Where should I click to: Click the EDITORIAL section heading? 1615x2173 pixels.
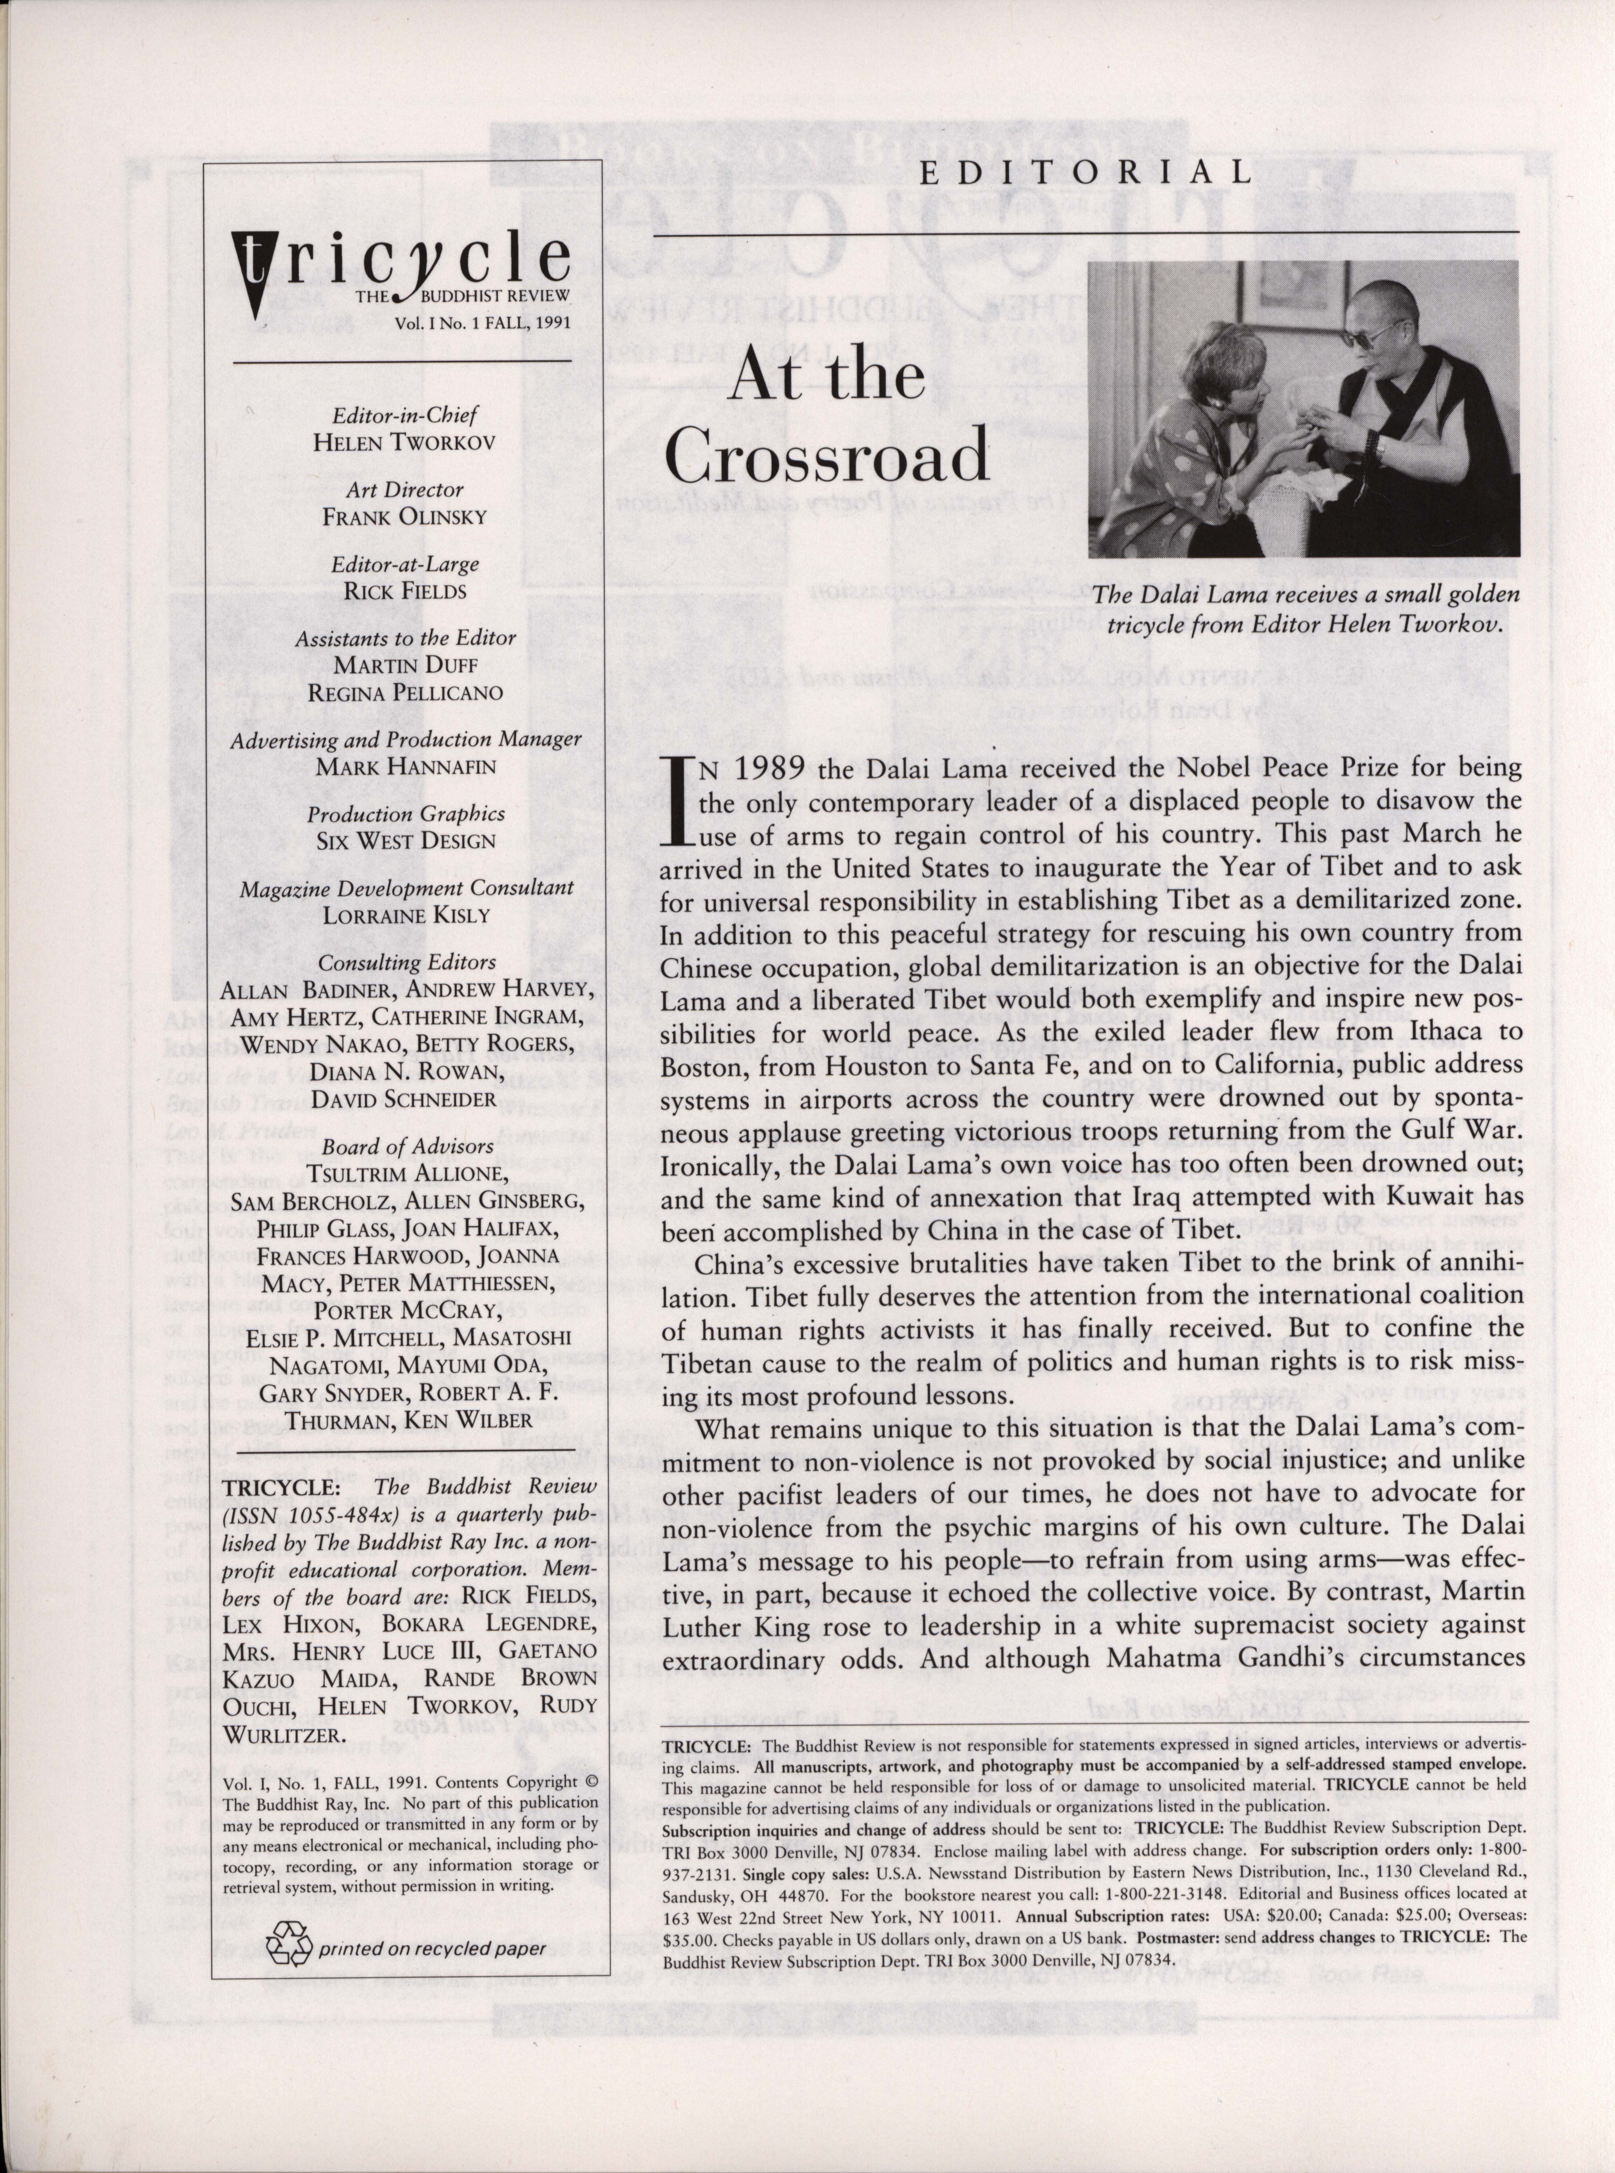1085,173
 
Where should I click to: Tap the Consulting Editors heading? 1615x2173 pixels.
407,962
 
